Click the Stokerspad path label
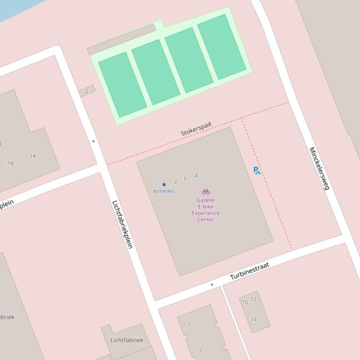[196, 129]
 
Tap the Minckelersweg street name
[320, 168]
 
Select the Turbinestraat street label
[250, 271]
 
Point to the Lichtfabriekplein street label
[123, 224]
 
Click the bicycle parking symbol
[257, 171]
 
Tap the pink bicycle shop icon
[206, 192]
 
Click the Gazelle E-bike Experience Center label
[206, 209]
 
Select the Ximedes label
[164, 191]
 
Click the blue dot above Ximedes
[164, 185]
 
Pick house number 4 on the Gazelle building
[196, 175]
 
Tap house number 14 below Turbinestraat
[254, 319]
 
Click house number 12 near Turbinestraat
[254, 299]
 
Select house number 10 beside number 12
[245, 302]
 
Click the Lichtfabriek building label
[127, 340]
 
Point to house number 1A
[33, 156]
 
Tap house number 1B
[11, 163]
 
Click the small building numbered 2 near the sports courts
[87, 91]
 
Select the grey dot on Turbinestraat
[212, 284]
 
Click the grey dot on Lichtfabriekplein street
[93, 141]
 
